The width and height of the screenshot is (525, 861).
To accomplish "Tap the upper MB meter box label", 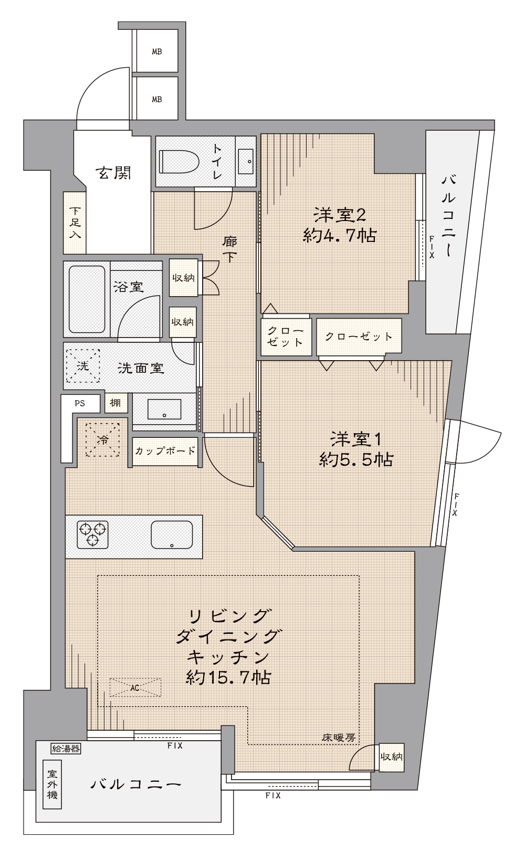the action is coord(157,51).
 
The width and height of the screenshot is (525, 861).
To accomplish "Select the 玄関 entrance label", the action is coord(114,173).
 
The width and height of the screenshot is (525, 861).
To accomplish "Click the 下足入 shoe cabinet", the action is coord(75,223).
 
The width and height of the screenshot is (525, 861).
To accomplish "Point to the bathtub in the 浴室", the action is coord(87,299).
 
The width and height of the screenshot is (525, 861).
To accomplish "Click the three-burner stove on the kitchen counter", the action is coord(92,534).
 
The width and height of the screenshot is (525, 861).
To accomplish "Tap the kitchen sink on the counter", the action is coord(172,534).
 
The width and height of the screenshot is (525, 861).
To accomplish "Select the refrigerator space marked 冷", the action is coord(102,440).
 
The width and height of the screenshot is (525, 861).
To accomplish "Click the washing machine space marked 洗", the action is coord(82,365).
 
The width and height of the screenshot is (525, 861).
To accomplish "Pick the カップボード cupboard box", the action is coord(165,451).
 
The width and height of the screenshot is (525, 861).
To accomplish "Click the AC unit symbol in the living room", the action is coord(135,688).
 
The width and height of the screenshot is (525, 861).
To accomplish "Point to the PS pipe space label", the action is coord(80,404).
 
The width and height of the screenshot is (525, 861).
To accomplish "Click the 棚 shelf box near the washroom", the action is coord(115,403).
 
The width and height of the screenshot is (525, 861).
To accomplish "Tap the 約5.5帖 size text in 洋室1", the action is coord(356,459).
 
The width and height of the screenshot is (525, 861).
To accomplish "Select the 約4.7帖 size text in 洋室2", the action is coord(340,235).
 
